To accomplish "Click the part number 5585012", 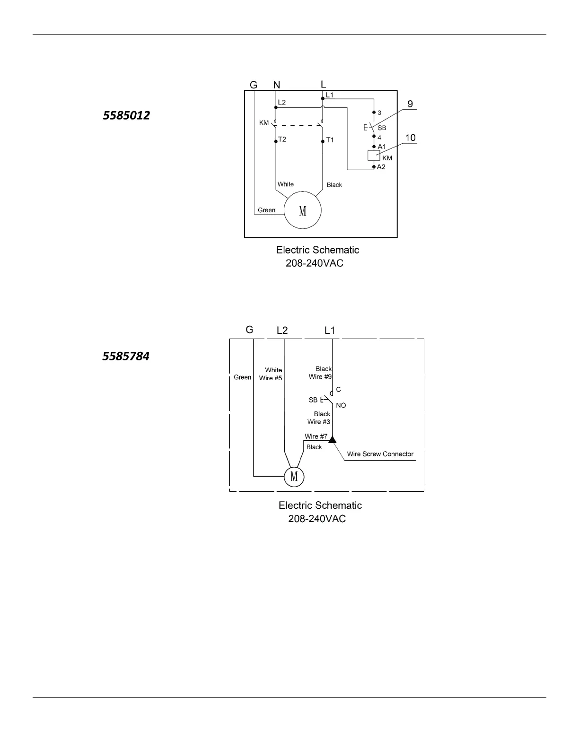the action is (126, 115).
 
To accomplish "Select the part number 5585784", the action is (126, 356).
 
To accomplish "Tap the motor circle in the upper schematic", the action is (302, 210).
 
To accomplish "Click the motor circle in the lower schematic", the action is (294, 476).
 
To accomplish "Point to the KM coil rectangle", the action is (374, 156).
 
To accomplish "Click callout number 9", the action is (410, 104).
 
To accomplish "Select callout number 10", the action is (410, 138).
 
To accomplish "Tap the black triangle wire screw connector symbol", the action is (332, 440).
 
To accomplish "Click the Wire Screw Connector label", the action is (380, 454).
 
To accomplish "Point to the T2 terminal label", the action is (282, 139).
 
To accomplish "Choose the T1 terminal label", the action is (330, 140).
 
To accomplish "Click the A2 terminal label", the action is (381, 167).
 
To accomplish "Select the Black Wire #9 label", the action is (321, 373).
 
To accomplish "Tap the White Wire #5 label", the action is (271, 374).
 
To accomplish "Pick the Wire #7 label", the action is (316, 436).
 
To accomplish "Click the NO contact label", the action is (341, 405).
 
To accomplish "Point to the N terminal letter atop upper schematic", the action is (277, 85).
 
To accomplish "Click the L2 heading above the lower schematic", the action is (282, 330).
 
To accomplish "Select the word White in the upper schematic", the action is (285, 184).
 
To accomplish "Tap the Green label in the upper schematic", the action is (266, 210).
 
